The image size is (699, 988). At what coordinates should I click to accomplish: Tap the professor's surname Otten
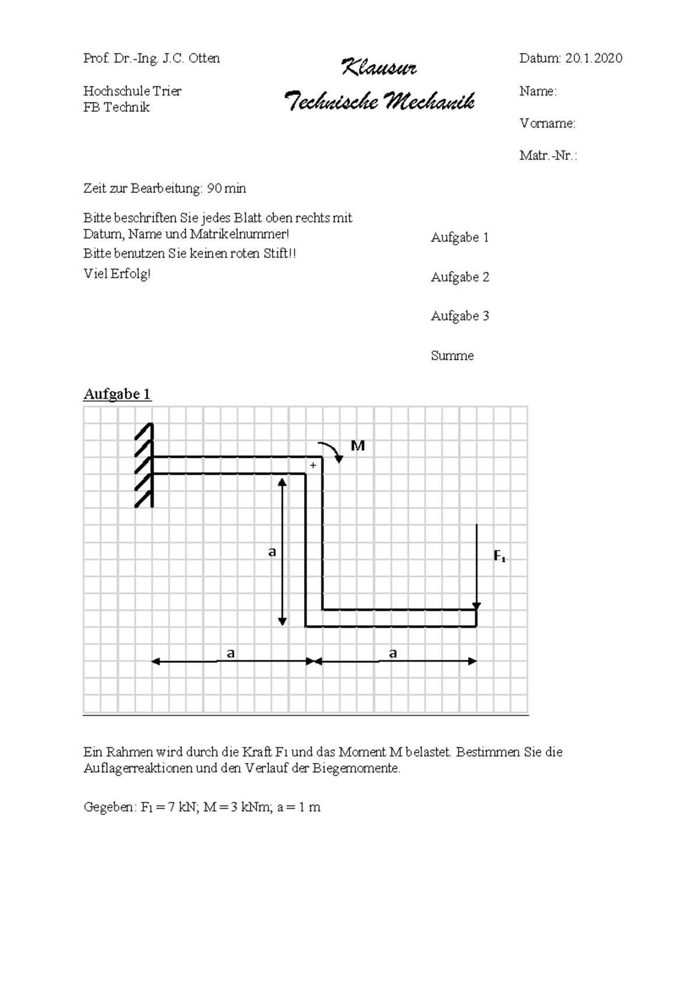(204, 58)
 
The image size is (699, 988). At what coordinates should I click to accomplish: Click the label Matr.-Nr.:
(548, 156)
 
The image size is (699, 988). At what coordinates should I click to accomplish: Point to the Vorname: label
(548, 123)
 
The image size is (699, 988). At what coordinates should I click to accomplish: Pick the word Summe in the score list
(453, 355)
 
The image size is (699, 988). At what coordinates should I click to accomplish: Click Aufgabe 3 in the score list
(460, 316)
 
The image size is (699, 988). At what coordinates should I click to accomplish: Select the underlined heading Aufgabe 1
(117, 394)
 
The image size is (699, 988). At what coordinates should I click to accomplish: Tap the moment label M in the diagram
(358, 446)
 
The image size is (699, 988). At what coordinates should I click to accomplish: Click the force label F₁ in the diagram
(499, 556)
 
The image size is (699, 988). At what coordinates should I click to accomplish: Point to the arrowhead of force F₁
(476, 606)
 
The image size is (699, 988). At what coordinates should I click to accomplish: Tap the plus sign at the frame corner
(313, 465)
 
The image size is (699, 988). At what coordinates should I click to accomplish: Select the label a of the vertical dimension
(272, 552)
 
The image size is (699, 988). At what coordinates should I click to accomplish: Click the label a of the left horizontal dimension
(230, 654)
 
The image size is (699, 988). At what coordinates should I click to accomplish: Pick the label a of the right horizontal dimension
(393, 653)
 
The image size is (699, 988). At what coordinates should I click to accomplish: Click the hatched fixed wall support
(144, 465)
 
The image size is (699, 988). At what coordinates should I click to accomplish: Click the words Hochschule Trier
(132, 91)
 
